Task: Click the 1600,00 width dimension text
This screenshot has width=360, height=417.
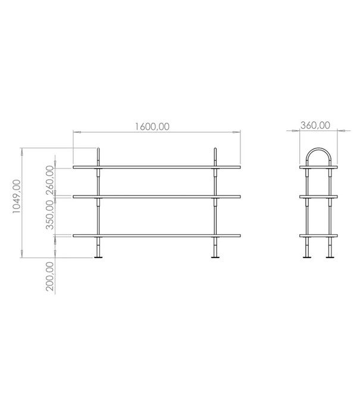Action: [x=153, y=126]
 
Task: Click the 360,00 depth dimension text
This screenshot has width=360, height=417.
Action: [x=315, y=125]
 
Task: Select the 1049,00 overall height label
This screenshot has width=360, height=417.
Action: [x=17, y=197]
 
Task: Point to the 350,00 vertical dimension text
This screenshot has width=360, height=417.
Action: [x=50, y=214]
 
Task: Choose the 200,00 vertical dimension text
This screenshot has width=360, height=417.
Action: [x=50, y=276]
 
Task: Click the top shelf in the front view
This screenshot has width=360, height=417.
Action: [x=157, y=167]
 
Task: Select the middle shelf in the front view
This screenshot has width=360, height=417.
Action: [x=157, y=195]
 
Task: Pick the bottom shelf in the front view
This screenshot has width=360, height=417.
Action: [x=157, y=236]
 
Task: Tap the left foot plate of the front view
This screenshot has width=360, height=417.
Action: [x=98, y=257]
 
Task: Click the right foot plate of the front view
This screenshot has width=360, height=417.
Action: [x=215, y=257]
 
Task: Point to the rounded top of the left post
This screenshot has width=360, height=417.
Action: [x=99, y=150]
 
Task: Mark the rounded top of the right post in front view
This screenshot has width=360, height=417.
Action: [x=215, y=150]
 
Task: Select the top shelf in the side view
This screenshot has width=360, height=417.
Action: [x=318, y=167]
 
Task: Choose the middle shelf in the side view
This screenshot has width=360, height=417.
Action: [x=318, y=195]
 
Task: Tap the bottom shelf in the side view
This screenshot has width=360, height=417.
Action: [x=318, y=236]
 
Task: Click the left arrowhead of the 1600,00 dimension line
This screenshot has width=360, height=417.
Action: [x=76, y=132]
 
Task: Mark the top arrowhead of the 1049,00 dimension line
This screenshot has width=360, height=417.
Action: [x=23, y=150]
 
